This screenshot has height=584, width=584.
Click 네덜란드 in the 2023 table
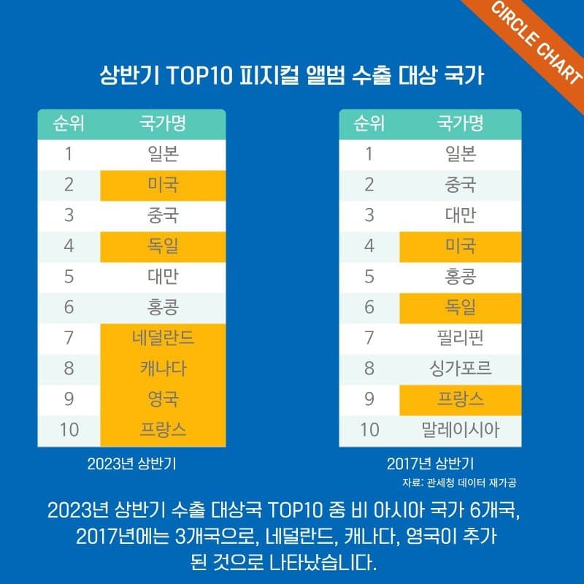(x=163, y=338)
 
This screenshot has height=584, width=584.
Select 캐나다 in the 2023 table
(x=163, y=369)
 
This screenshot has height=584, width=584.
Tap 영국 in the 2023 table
(x=163, y=399)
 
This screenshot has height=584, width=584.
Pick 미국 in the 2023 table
(x=163, y=185)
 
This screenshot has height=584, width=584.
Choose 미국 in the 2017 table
(x=460, y=246)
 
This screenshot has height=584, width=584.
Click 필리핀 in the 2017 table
(x=460, y=338)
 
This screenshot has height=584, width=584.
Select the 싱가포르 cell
(x=460, y=369)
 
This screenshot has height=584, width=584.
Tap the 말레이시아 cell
(x=460, y=430)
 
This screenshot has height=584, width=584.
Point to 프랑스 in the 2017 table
(x=460, y=399)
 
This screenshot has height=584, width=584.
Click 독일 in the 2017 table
(x=460, y=307)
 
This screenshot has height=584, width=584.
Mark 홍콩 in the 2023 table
(x=163, y=307)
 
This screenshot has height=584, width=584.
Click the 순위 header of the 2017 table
(x=369, y=123)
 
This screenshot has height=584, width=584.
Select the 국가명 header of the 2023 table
(x=163, y=123)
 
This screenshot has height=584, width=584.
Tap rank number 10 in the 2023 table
(x=69, y=430)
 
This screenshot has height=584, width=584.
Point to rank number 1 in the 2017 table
(x=369, y=154)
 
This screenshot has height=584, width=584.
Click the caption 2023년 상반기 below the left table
(x=131, y=463)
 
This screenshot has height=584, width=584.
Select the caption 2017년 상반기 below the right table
(x=431, y=463)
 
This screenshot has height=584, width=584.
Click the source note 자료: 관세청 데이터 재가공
(x=464, y=483)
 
